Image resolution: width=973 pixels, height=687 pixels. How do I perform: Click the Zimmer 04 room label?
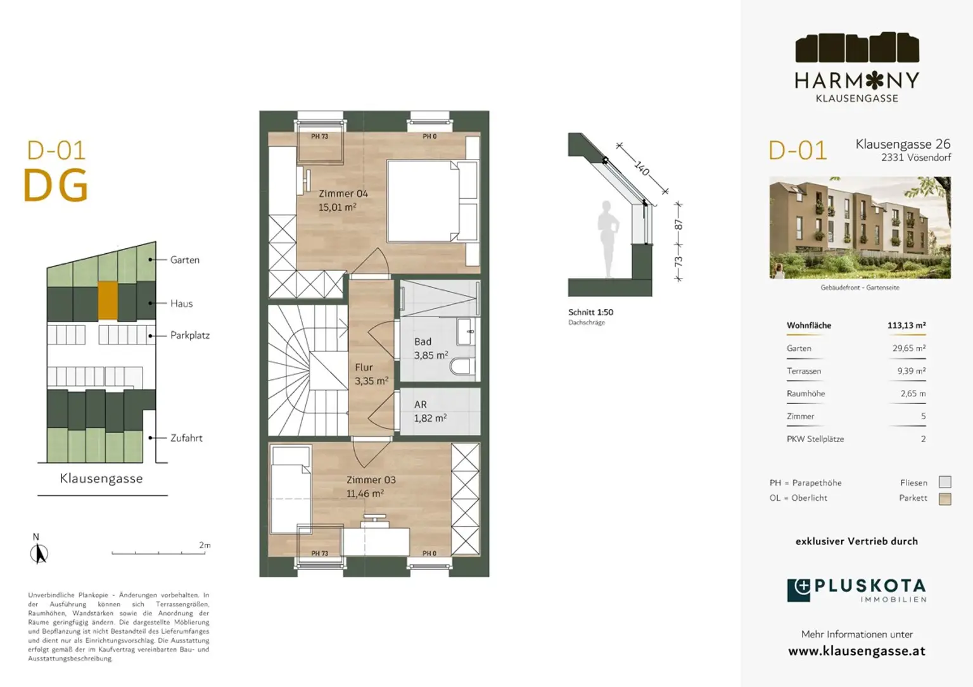(343, 194)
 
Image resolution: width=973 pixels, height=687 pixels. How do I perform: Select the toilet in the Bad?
(462, 367)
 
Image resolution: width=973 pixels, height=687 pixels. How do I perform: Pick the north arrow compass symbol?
(39, 553)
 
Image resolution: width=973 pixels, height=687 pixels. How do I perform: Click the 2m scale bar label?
(205, 545)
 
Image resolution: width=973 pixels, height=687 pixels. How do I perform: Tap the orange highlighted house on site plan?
(108, 300)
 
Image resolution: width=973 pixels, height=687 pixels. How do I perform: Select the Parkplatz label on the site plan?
(189, 336)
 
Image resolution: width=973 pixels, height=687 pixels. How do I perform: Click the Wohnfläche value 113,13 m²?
(906, 325)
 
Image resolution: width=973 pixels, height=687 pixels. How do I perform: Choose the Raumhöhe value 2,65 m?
(913, 394)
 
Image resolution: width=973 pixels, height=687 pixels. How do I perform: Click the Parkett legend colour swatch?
(944, 499)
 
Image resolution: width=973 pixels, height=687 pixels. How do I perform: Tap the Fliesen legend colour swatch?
(944, 482)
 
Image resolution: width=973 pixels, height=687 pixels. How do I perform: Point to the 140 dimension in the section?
(642, 168)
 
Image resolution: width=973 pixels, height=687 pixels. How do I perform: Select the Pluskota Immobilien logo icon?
(799, 590)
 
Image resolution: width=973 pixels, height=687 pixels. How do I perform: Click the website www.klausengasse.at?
(856, 651)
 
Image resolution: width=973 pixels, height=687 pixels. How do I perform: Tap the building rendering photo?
(860, 228)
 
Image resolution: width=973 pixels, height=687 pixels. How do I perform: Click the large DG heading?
(56, 186)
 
